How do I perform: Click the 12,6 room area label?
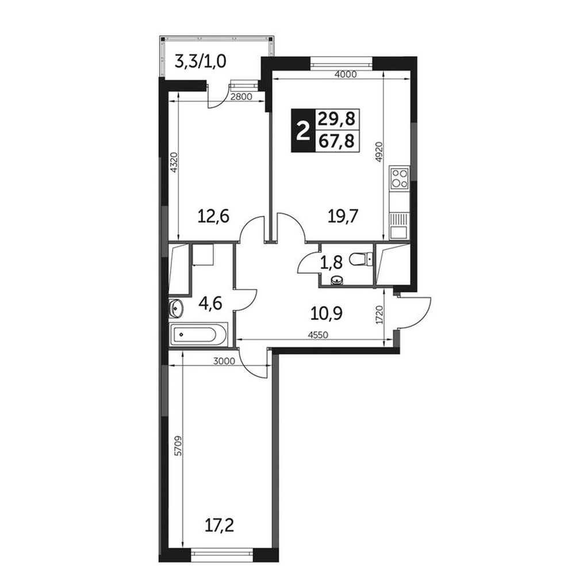point(213,216)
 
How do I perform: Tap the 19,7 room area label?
point(343,216)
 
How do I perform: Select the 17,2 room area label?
point(220,526)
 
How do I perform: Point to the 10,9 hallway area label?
point(327,313)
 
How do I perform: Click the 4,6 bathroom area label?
point(210,304)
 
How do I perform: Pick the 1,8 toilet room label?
point(332,263)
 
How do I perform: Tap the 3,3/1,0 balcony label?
point(201,62)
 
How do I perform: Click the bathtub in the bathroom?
point(198,335)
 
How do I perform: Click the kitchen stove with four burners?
point(400,178)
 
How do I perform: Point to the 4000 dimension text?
point(346,74)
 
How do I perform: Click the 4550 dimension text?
point(317,335)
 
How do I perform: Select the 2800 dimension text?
point(241,97)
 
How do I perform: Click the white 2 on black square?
point(303,131)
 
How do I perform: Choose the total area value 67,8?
point(336,141)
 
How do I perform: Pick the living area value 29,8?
point(336,119)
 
